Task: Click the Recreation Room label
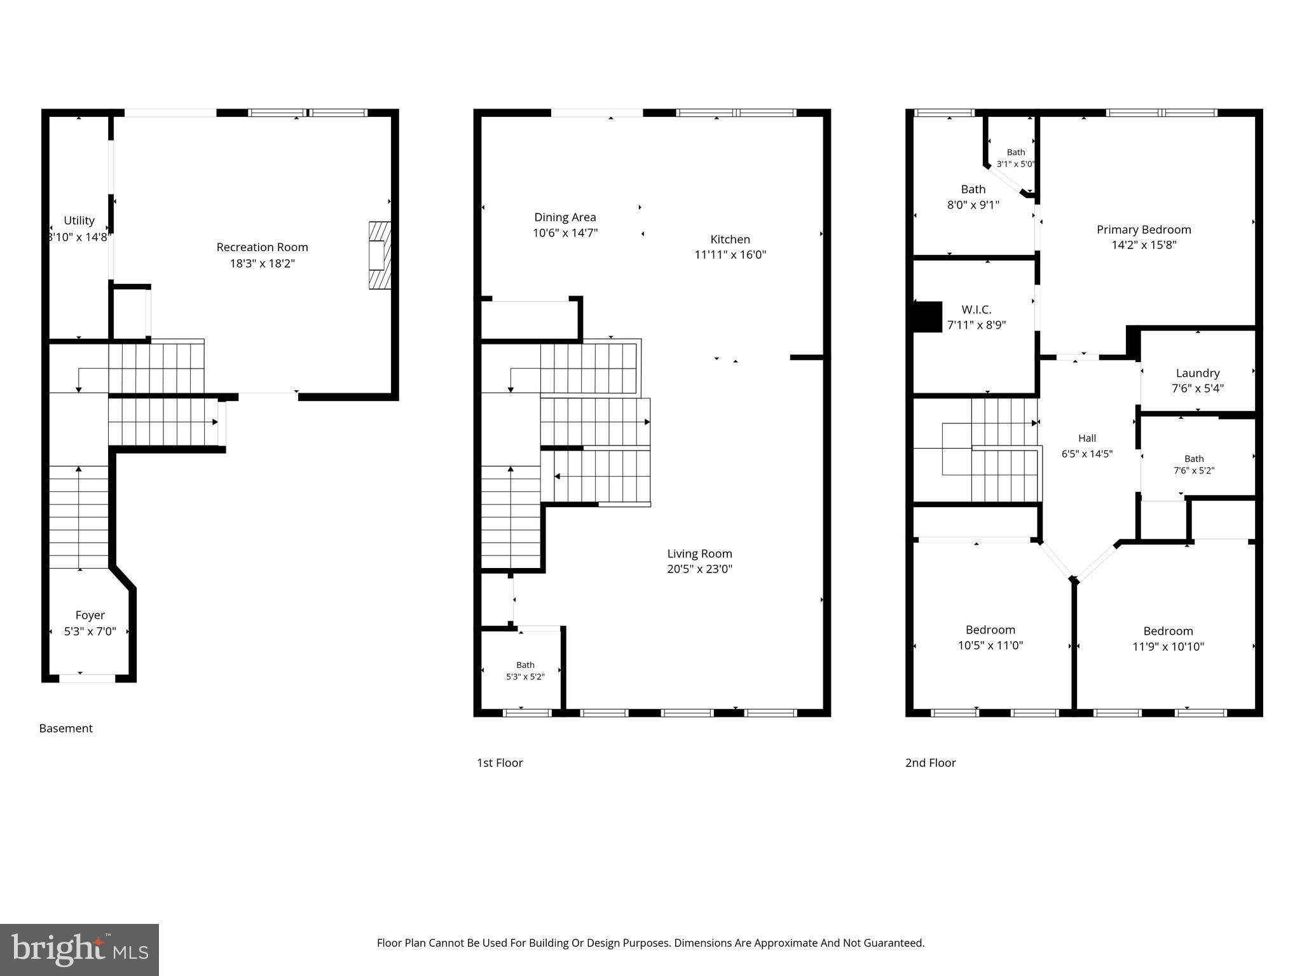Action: point(262,247)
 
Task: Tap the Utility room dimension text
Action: point(79,237)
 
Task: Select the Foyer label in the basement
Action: point(90,615)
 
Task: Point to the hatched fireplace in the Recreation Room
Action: point(380,255)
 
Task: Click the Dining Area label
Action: point(565,217)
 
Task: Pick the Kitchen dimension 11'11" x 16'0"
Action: point(730,255)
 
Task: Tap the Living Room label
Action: point(699,553)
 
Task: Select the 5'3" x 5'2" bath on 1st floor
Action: point(525,671)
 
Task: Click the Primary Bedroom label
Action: point(1144,229)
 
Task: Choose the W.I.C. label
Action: point(976,309)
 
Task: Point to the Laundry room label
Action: point(1198,373)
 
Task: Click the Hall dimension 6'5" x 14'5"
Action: point(1087,454)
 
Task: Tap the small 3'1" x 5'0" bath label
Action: point(1016,158)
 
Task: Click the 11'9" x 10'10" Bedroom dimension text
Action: point(1168,647)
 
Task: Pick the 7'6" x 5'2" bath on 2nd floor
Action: point(1194,464)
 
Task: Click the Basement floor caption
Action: point(66,728)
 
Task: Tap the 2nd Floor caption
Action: point(931,762)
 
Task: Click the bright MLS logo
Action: point(79,949)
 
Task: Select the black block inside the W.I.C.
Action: point(928,316)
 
